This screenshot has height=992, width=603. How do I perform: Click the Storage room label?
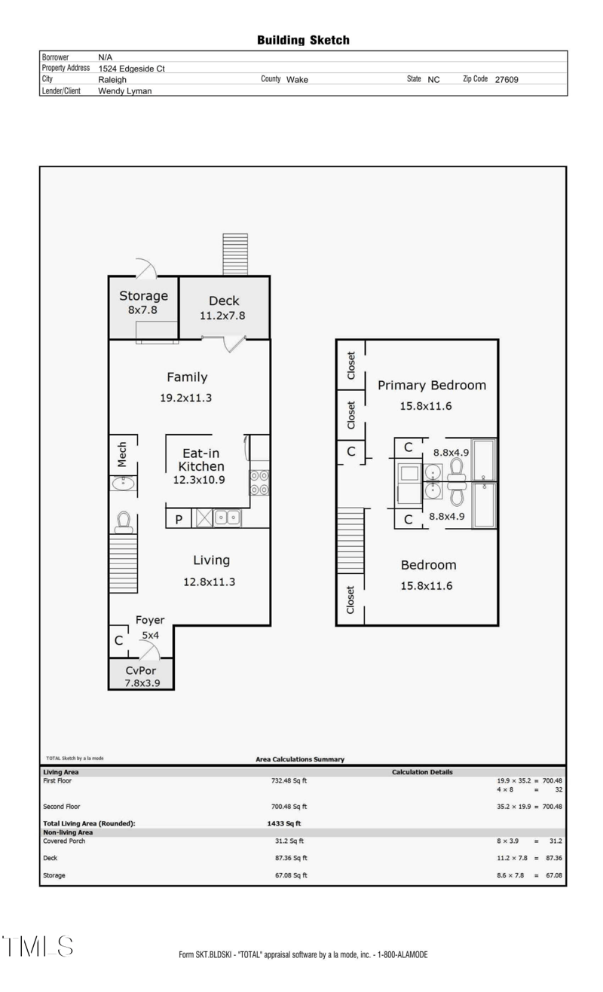tap(143, 296)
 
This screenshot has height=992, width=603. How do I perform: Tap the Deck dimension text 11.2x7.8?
tap(222, 316)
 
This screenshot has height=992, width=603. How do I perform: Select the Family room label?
tap(186, 377)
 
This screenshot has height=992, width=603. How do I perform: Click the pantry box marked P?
tap(179, 518)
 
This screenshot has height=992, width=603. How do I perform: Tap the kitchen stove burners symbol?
tap(260, 483)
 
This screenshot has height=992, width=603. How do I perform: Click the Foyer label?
tap(150, 620)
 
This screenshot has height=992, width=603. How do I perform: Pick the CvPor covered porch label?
tap(141, 670)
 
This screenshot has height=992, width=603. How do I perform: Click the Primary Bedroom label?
tap(431, 385)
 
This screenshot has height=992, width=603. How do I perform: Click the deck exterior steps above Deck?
tap(234, 255)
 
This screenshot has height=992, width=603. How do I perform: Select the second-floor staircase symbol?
tap(350, 540)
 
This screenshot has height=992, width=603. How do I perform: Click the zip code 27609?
tap(506, 79)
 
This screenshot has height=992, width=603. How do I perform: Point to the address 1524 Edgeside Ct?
tap(131, 69)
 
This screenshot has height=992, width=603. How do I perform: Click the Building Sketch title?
tap(303, 41)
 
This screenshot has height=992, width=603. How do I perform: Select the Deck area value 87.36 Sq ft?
tap(289, 858)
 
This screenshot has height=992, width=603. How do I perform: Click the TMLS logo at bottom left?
tap(38, 947)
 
